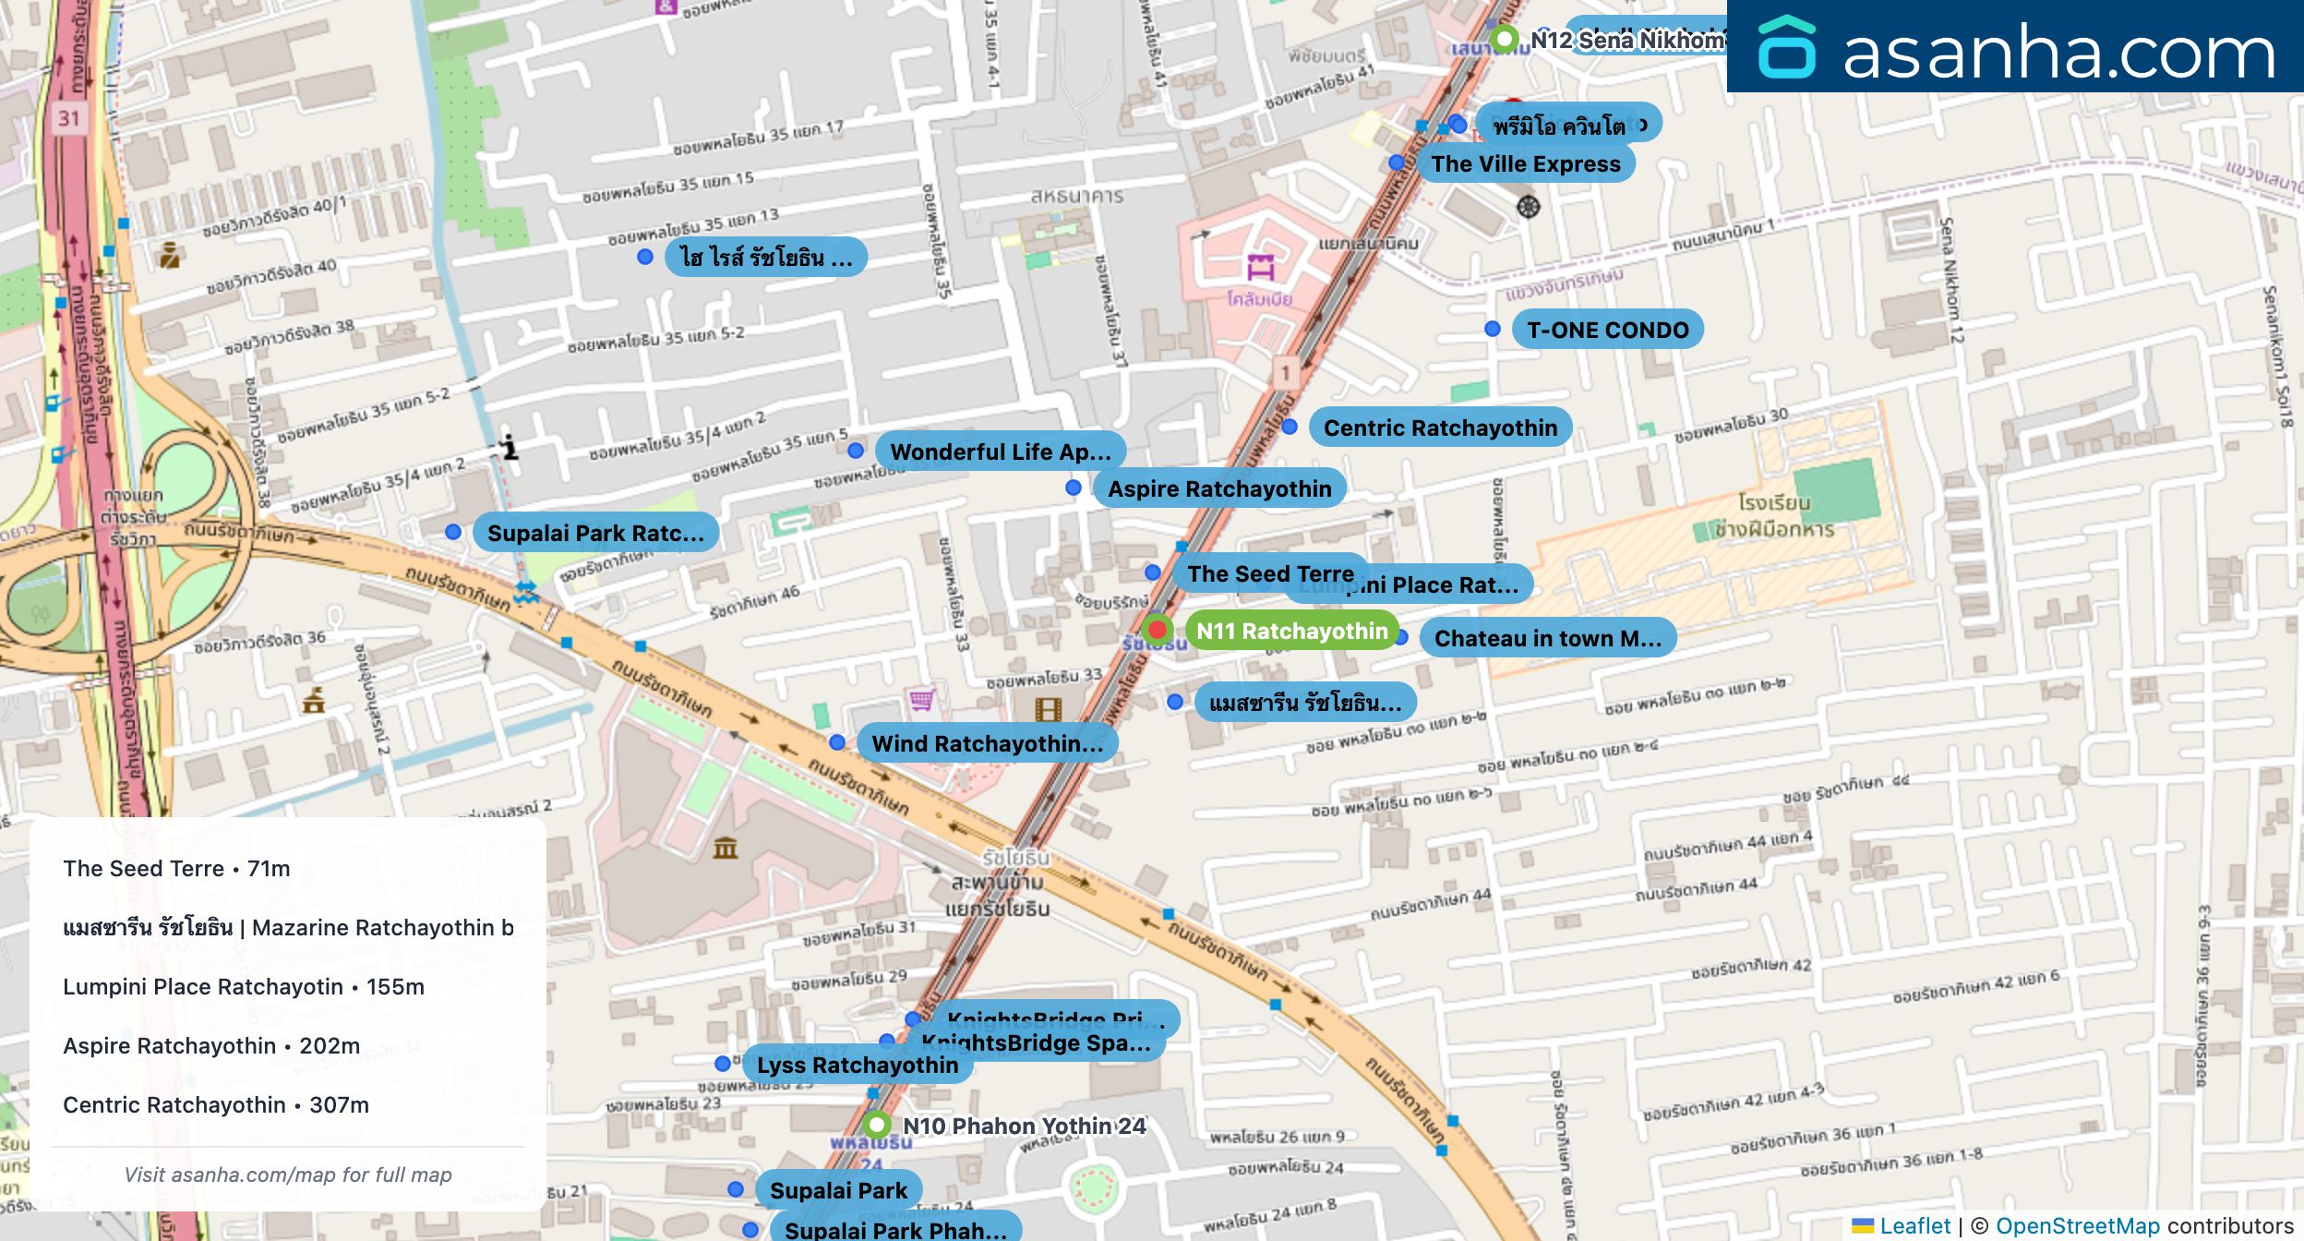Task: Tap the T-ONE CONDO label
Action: [1607, 330]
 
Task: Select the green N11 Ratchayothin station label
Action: [1291, 631]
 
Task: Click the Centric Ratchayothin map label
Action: [1440, 428]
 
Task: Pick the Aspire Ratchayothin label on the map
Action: [1219, 488]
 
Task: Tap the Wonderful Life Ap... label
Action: [1000, 452]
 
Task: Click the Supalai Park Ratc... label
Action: [595, 533]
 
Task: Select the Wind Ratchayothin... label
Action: [987, 743]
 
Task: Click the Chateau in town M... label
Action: [1547, 638]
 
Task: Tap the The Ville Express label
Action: [1525, 163]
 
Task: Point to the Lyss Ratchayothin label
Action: [857, 1065]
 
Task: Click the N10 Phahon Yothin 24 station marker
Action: [877, 1125]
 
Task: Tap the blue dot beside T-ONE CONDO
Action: [1493, 329]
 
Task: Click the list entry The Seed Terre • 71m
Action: [176, 868]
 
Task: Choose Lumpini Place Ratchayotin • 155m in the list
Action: [244, 986]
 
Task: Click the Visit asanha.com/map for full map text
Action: [288, 1175]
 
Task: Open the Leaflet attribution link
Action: [1914, 1225]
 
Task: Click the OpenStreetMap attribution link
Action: [2077, 1225]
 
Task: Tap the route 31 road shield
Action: [69, 118]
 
